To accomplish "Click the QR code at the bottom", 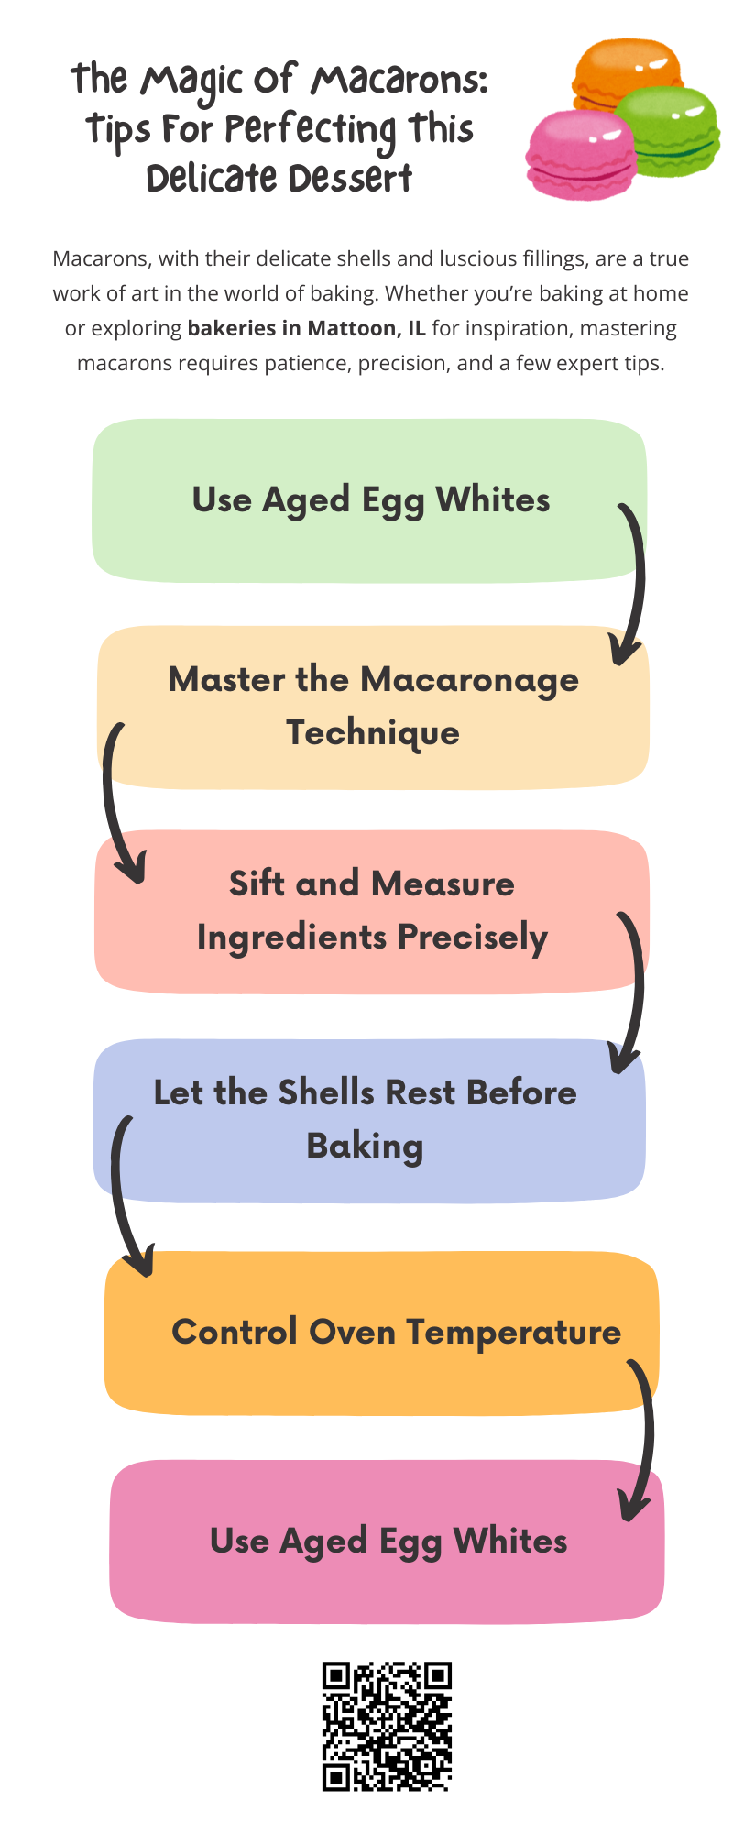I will coord(387,1726).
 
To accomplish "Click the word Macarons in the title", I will coord(399,81).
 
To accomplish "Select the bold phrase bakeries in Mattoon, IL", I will coord(306,328).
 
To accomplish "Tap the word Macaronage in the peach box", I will coord(469,681).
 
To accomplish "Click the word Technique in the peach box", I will coord(373,733).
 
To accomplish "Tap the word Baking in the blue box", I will coord(365,1147).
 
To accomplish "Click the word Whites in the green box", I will coord(493,500).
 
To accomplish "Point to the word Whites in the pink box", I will coord(510,1542).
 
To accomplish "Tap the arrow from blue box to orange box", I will coord(123,1191).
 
